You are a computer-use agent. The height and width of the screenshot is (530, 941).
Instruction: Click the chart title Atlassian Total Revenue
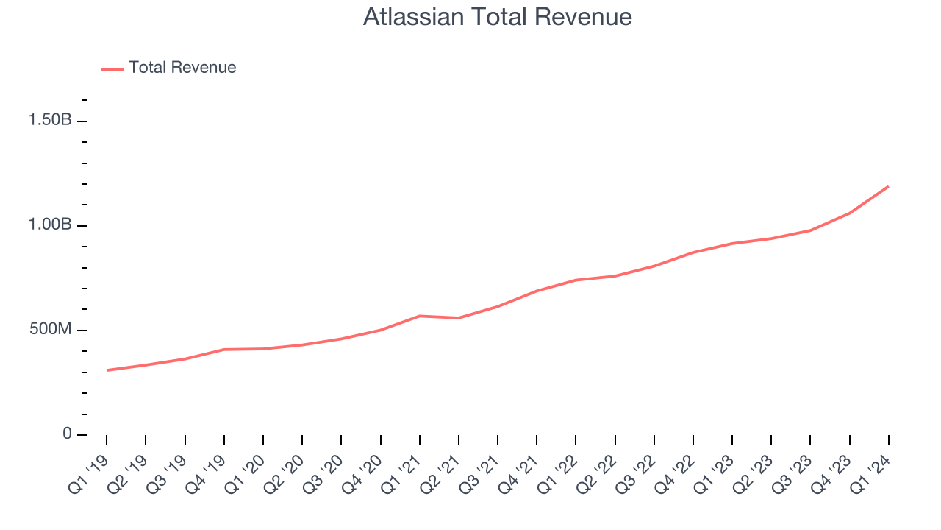pyautogui.click(x=498, y=17)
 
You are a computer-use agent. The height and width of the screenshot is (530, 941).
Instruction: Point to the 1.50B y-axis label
pyautogui.click(x=50, y=120)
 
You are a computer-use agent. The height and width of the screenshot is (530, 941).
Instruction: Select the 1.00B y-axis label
pyautogui.click(x=50, y=225)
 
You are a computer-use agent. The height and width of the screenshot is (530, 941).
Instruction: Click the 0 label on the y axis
pyautogui.click(x=67, y=434)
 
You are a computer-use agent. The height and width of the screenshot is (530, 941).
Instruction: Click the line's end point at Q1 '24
pyautogui.click(x=889, y=186)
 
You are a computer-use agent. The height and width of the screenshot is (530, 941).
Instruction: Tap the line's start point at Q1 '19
pyautogui.click(x=107, y=370)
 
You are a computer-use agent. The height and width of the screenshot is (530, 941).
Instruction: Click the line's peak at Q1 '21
pyautogui.click(x=420, y=316)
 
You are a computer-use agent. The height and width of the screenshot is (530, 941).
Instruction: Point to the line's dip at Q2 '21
pyautogui.click(x=459, y=318)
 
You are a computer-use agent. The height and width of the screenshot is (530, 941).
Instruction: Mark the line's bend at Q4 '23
pyautogui.click(x=850, y=213)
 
